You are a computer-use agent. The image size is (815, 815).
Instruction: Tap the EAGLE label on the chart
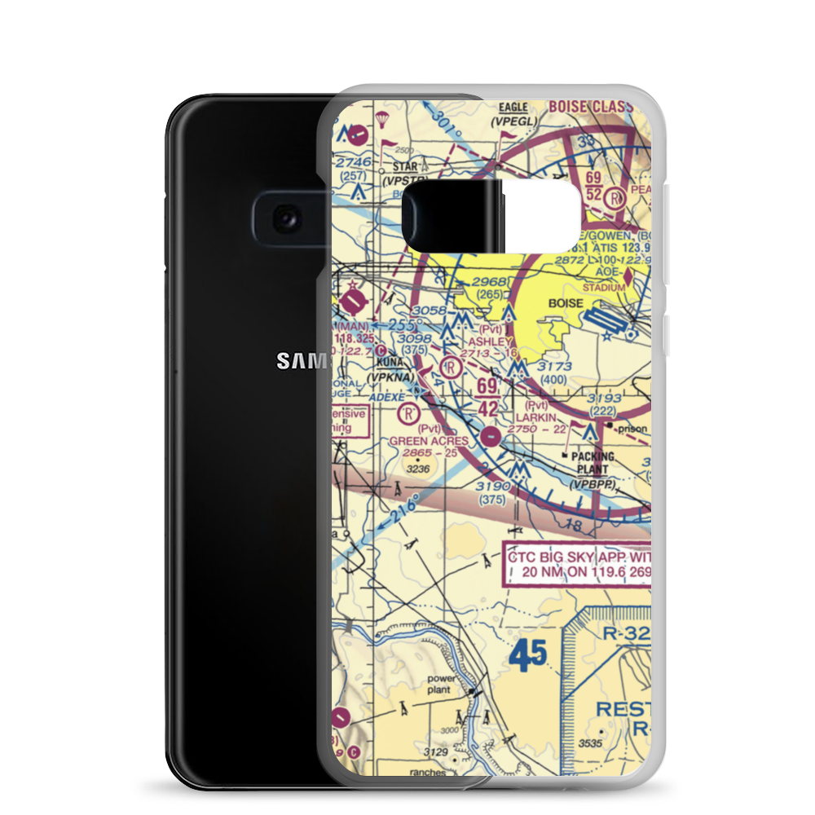tap(513, 108)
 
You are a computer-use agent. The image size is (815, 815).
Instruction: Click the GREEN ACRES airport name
tap(429, 441)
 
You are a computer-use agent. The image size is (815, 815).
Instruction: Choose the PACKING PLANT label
tap(593, 463)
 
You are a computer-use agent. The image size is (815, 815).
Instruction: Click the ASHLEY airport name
tap(489, 342)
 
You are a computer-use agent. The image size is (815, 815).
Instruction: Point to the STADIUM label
tap(604, 288)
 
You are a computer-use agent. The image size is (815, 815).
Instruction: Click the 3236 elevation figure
tap(417, 469)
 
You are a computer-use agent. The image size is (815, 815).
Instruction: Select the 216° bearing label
tap(403, 507)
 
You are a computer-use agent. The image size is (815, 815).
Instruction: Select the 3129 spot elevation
tap(435, 751)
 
